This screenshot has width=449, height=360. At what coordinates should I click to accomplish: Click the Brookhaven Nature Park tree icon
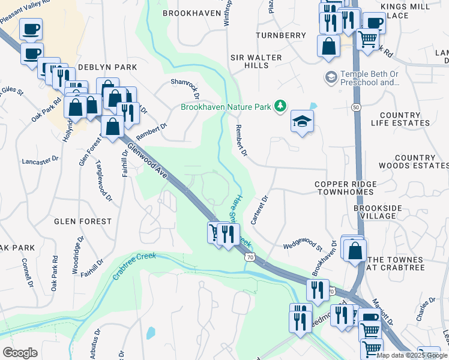[279, 106]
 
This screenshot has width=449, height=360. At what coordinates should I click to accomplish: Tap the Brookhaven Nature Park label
[226, 107]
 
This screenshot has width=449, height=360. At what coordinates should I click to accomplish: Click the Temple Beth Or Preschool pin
[330, 77]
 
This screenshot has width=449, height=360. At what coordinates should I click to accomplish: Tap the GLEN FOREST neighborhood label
[83, 221]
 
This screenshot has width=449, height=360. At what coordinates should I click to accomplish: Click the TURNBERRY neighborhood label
[281, 35]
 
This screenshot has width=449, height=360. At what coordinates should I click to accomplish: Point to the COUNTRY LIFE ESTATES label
[405, 119]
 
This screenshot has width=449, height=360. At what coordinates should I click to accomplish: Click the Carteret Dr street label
[259, 209]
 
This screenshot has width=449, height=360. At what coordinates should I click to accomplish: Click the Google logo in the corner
[20, 353]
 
